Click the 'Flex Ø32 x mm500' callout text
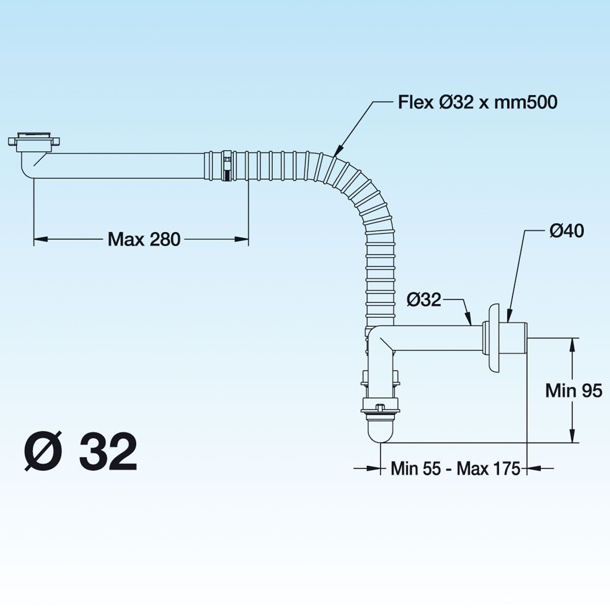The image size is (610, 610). point(477,103)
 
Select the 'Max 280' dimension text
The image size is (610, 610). point(144,239)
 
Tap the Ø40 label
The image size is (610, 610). point(567,231)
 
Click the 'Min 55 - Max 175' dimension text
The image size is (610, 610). point(455,468)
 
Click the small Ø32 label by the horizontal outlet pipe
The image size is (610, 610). point(423,299)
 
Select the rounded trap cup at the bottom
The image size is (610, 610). point(380,430)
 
